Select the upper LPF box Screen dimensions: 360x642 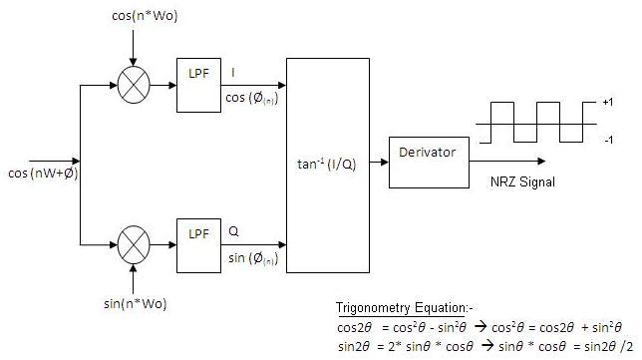tap(199, 85)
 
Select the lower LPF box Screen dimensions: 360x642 tap(199, 243)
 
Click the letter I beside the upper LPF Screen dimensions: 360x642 tap(233, 72)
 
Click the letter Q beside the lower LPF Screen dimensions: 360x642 tap(234, 229)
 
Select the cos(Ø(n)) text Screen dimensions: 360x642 tap(253, 98)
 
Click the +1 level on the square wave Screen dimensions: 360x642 tap(607, 103)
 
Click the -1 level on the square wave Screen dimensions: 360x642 tap(607, 142)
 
